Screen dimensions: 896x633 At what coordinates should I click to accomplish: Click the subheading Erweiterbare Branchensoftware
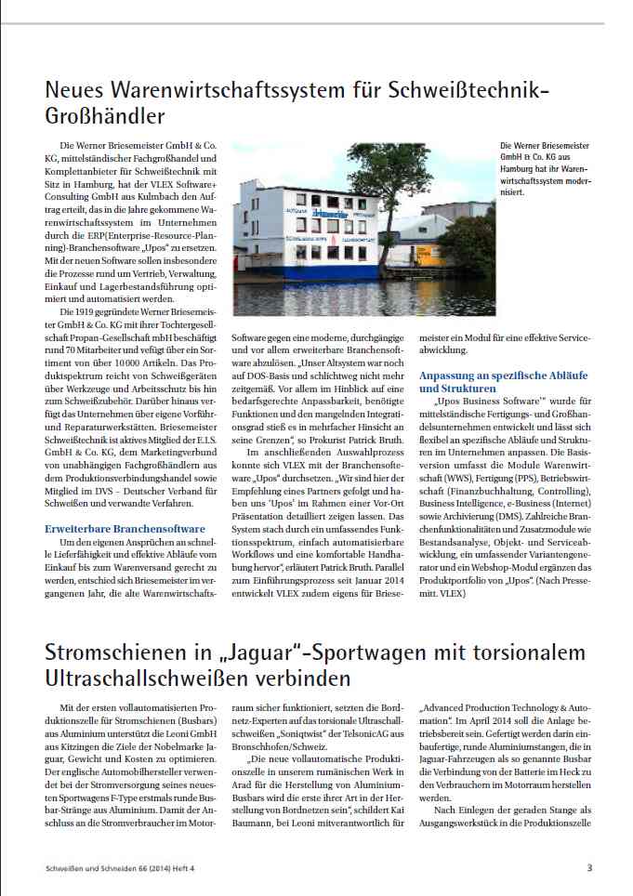(x=118, y=527)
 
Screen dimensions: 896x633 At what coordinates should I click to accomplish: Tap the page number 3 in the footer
(x=589, y=869)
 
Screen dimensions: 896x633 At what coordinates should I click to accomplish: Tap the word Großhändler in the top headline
(x=105, y=116)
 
